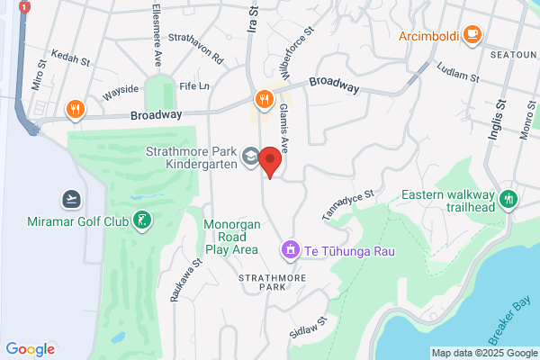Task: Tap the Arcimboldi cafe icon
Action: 472,35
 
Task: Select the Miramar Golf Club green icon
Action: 140,220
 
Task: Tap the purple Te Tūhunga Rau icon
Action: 290,248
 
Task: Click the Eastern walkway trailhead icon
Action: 509,198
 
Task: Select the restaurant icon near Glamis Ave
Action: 263,98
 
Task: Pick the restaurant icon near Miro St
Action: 75,111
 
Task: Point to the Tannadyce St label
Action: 347,206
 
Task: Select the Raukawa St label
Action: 184,280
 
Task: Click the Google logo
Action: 31,349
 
